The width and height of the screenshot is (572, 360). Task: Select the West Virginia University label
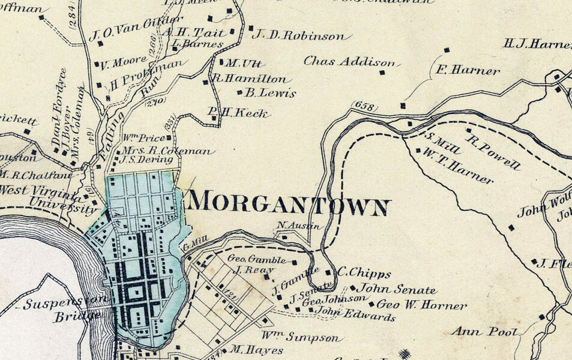pos(48,199)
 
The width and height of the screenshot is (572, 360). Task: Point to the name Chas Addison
pos(349,62)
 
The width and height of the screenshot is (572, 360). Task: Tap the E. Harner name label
pos(468,71)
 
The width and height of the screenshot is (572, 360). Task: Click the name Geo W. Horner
pos(421,305)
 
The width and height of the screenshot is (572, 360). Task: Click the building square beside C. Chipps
pos(328,272)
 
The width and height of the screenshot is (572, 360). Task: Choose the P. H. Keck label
pos(238,113)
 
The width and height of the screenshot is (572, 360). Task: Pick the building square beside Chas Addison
pos(382,73)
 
